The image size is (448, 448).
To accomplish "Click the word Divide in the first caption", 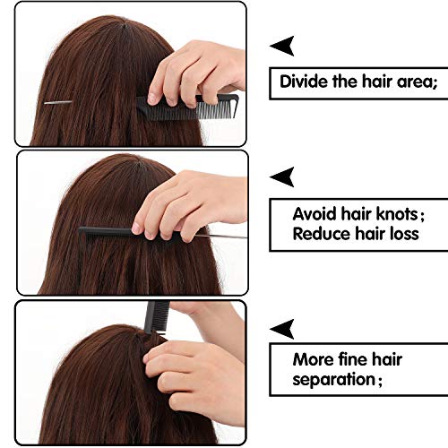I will coord(303,82).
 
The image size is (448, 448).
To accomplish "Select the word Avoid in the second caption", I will coord(314,214).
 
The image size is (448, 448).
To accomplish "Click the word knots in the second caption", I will coord(390,214).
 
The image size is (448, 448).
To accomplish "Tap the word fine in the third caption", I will coord(358,360).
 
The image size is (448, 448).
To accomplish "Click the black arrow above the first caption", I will coord(282,45).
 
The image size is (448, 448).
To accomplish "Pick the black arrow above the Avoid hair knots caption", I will coord(282,175).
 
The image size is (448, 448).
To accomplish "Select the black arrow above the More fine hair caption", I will coord(282,325).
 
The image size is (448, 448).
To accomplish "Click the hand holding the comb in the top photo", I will coord(193,67).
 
